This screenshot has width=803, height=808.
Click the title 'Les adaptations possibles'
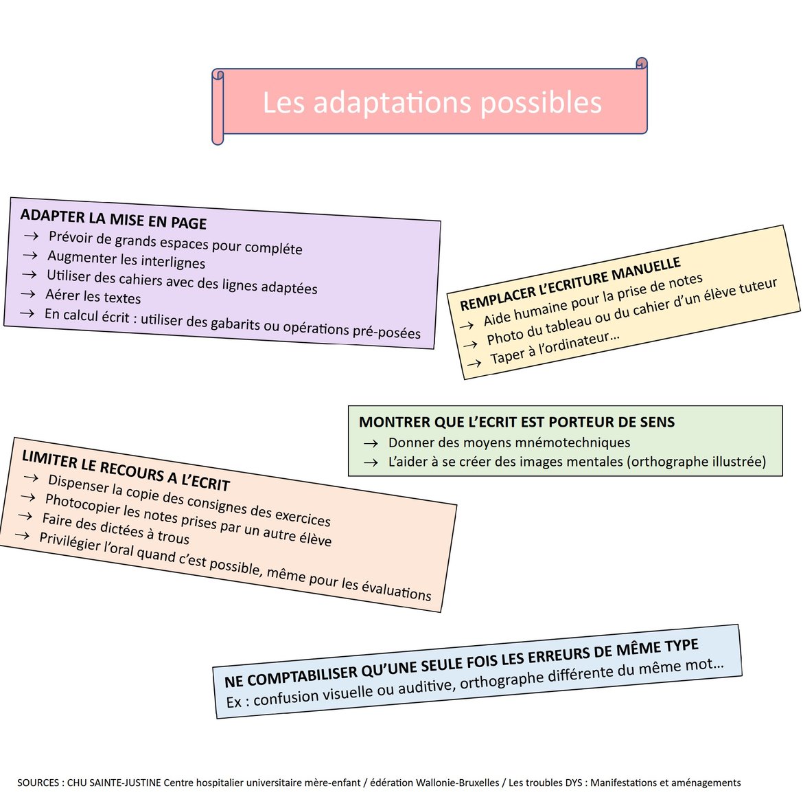click(x=432, y=102)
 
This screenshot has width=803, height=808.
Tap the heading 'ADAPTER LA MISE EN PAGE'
click(x=113, y=218)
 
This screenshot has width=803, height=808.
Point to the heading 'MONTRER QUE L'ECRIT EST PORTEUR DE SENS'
click(x=517, y=422)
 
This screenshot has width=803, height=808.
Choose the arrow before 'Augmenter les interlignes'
click(x=30, y=255)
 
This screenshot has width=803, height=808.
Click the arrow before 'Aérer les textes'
click(x=27, y=294)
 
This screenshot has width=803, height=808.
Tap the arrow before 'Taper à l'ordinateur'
click(x=474, y=363)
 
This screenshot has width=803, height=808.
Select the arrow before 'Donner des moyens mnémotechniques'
click(x=371, y=443)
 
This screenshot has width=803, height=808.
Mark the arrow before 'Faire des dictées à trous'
click(x=25, y=516)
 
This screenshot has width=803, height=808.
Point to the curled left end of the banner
click(x=218, y=106)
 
